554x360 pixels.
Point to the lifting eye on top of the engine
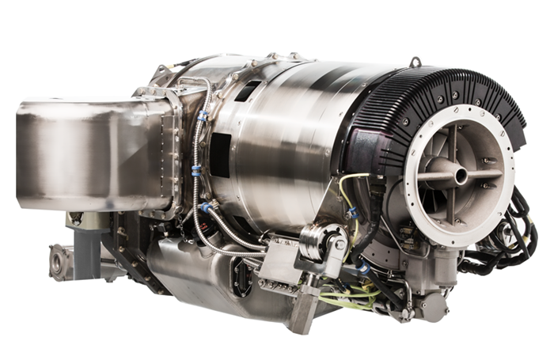[x=415, y=62]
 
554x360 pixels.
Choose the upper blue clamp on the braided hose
[x=203, y=116]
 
